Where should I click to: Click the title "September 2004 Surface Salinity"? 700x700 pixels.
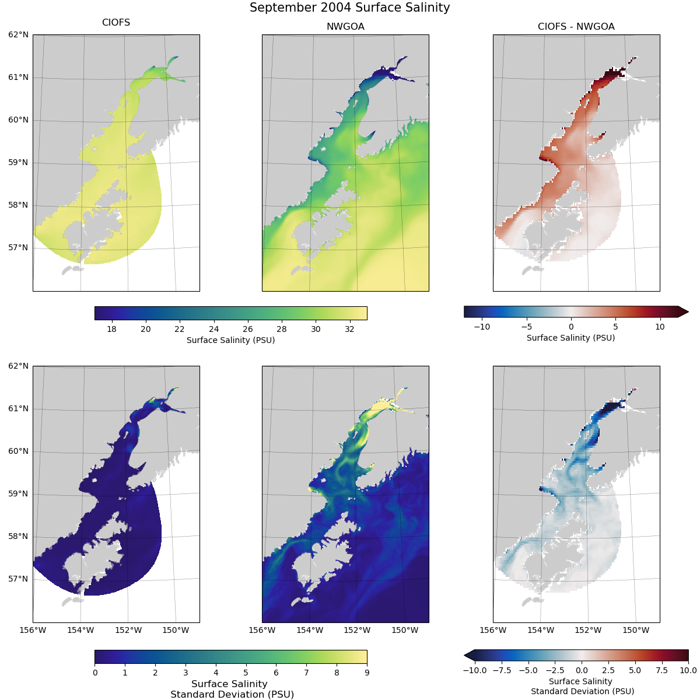[349, 8]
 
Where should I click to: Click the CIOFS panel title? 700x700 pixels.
[116, 23]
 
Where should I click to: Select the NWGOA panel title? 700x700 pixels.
[345, 26]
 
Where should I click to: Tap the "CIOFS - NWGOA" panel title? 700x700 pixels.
[576, 26]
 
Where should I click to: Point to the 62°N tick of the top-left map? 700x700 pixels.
[18, 35]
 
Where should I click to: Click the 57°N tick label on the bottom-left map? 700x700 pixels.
[18, 579]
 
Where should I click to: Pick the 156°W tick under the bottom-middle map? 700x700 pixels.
[262, 630]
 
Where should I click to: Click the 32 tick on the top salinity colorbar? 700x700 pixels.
[349, 329]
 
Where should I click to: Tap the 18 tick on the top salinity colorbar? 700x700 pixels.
[111, 329]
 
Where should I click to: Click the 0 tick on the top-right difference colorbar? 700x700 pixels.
[571, 327]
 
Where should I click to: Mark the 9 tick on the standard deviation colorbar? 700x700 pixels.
[367, 673]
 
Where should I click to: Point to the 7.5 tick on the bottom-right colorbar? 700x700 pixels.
[661, 670]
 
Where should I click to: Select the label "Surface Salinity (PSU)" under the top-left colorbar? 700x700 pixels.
[230, 340]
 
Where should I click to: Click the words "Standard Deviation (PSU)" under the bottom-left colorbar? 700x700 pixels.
[232, 694]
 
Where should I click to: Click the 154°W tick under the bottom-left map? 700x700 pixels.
[80, 630]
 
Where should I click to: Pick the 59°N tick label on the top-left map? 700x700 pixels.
[18, 163]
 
